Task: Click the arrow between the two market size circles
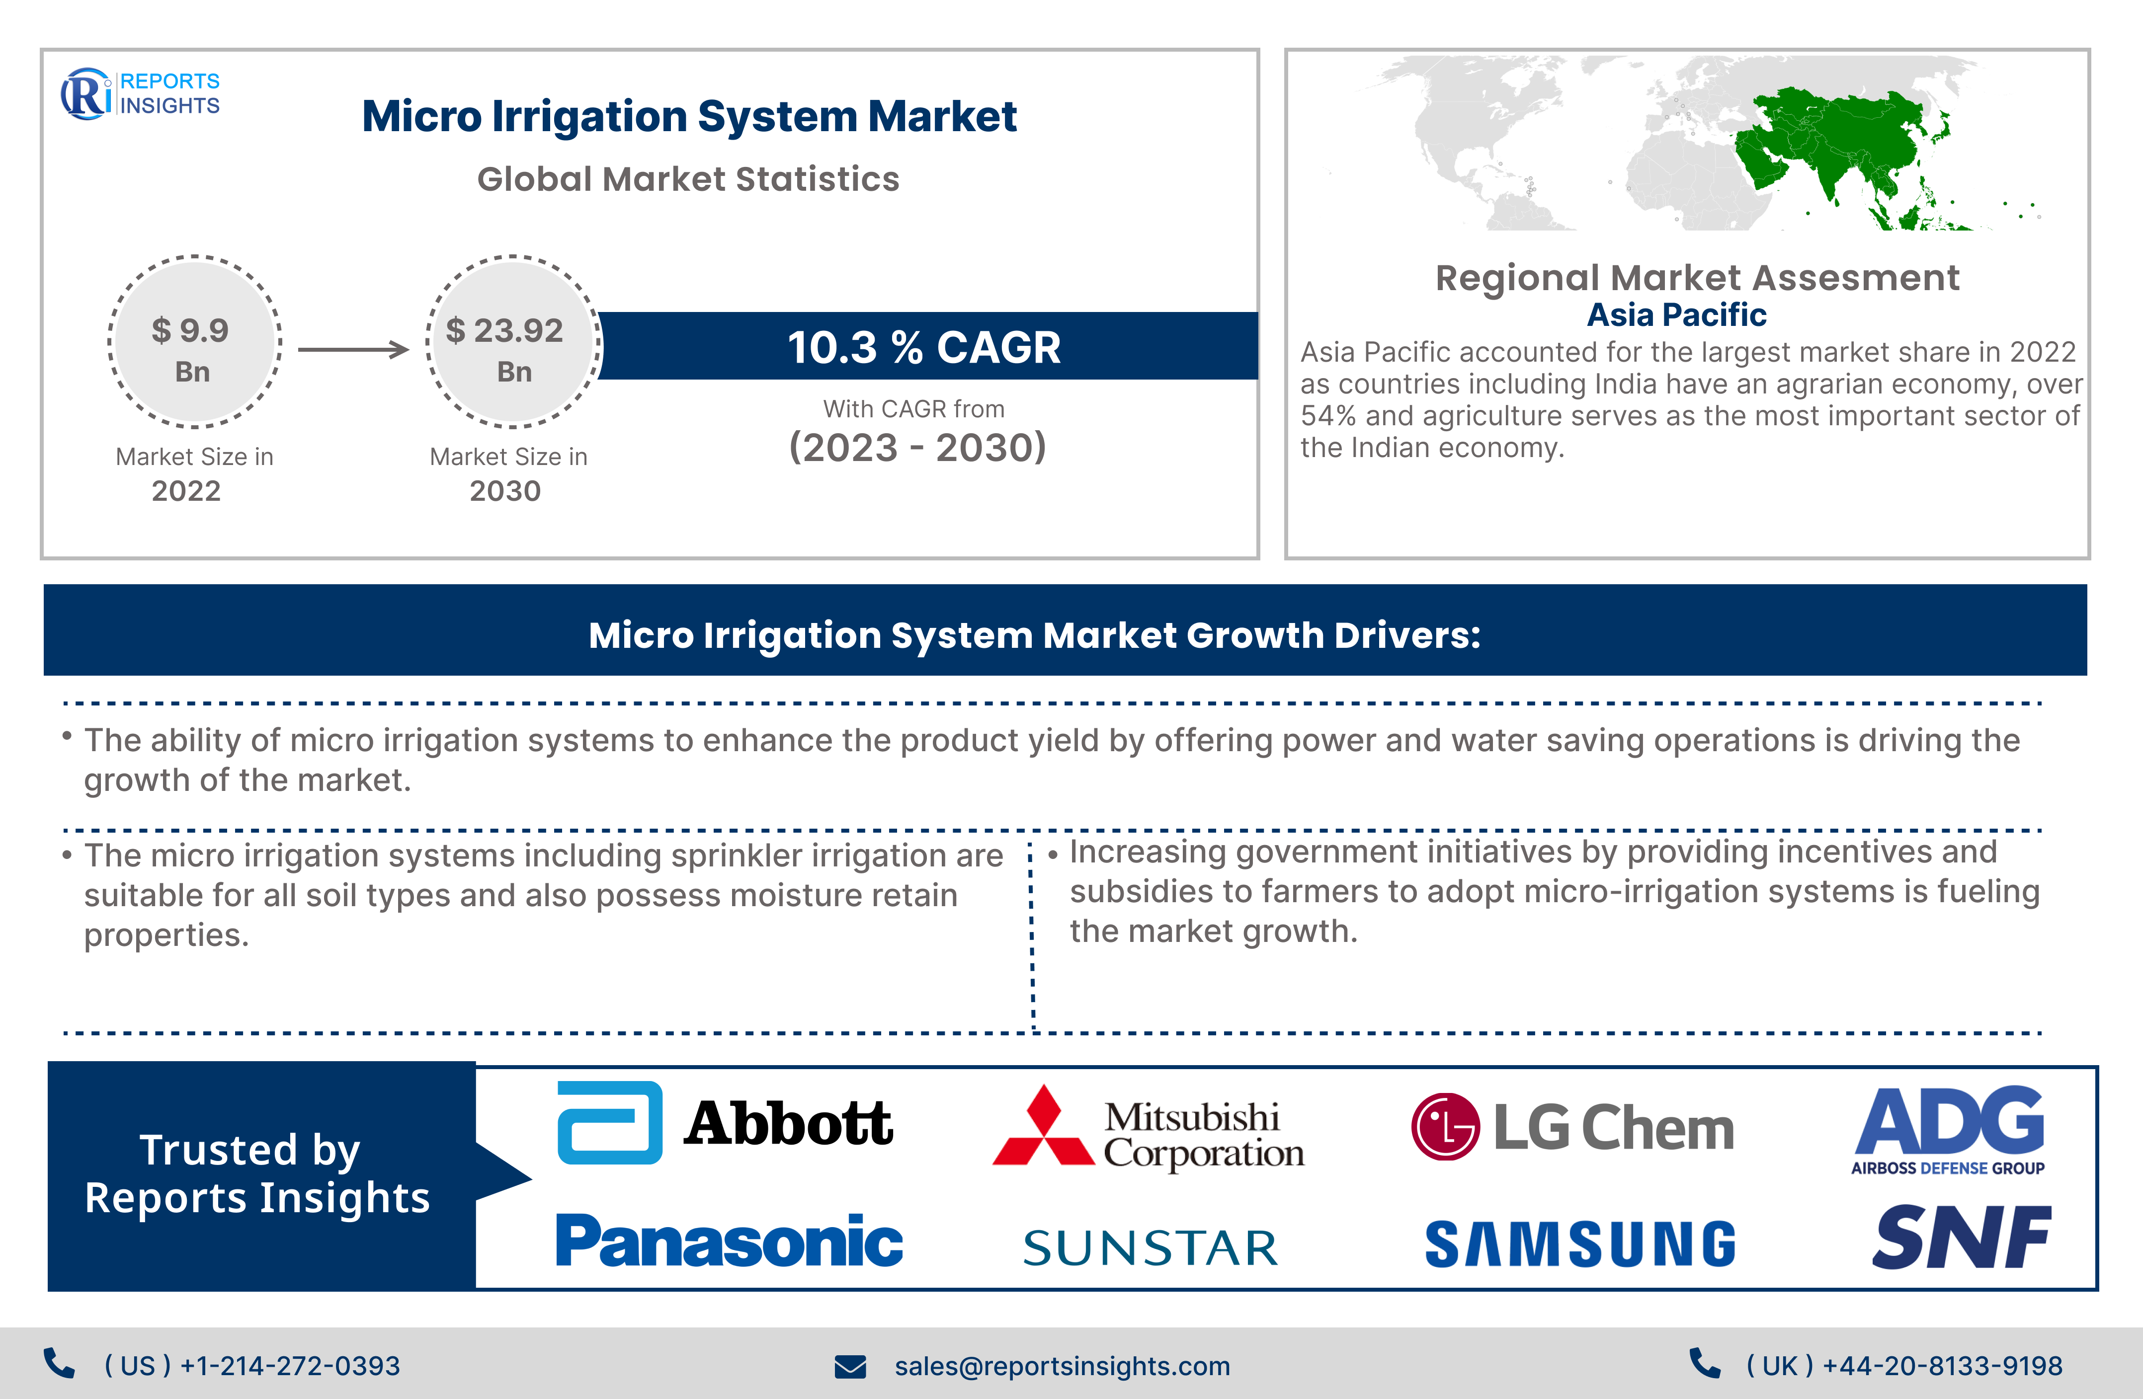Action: tap(353, 349)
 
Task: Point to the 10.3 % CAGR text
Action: tap(924, 347)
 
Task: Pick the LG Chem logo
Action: tap(1572, 1126)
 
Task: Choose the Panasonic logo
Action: tap(730, 1241)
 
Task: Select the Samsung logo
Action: tap(1580, 1244)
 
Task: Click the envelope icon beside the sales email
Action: tap(850, 1367)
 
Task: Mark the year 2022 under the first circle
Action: tap(186, 491)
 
